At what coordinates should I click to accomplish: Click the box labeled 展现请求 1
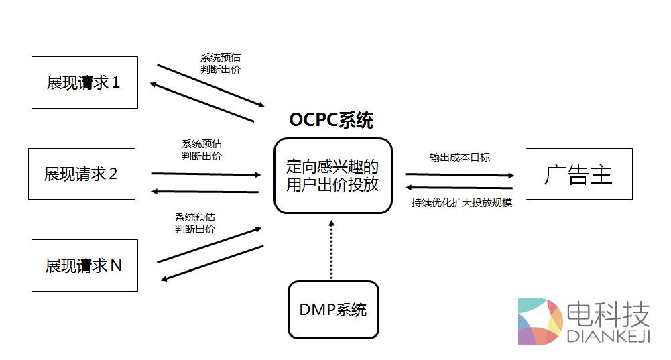click(x=84, y=82)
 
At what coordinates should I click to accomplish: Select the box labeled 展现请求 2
click(x=81, y=174)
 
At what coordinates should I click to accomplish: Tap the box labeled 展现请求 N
click(x=84, y=265)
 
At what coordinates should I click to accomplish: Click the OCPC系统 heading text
click(x=331, y=120)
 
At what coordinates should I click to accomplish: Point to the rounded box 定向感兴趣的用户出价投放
click(x=332, y=176)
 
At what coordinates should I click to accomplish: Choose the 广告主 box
click(x=578, y=174)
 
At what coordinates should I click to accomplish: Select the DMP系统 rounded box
click(x=333, y=310)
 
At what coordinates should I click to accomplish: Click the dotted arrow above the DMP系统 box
click(x=331, y=248)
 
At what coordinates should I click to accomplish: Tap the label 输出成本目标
click(x=460, y=157)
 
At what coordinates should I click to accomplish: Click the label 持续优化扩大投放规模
click(x=462, y=202)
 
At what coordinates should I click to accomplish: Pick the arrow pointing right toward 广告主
click(x=459, y=174)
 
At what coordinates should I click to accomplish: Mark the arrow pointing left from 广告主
click(x=459, y=188)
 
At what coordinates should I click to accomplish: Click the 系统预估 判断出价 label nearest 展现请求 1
click(x=221, y=63)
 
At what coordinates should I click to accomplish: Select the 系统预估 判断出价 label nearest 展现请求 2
click(x=202, y=149)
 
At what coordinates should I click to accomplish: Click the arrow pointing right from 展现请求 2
click(x=206, y=174)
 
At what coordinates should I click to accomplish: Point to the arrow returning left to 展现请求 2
click(x=204, y=192)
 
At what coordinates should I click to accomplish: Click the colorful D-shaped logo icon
click(x=539, y=322)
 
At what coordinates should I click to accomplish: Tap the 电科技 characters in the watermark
click(x=609, y=312)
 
